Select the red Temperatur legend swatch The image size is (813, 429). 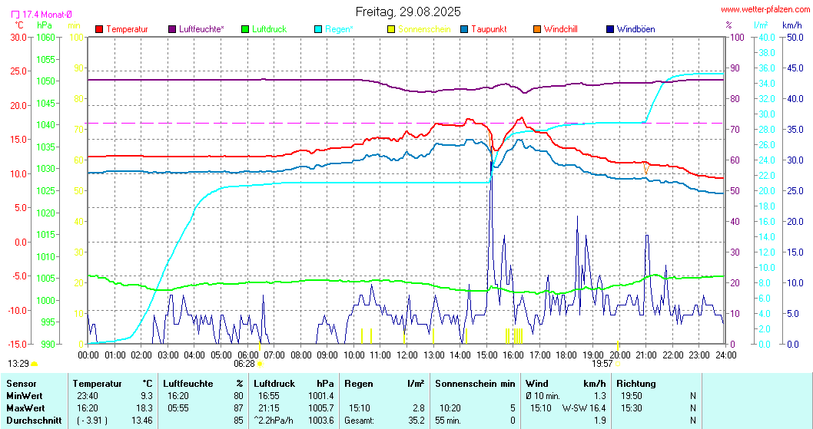pos(99,29)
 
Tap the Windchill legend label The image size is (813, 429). pos(560,29)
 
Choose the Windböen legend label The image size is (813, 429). pos(635,29)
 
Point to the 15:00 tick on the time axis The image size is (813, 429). pos(487,355)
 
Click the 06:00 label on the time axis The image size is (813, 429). pos(247,355)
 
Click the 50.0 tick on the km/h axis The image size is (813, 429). pos(791,37)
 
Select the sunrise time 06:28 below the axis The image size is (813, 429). pos(244,364)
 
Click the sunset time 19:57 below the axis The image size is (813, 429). pos(602,364)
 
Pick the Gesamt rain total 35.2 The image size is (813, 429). pos(416,421)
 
